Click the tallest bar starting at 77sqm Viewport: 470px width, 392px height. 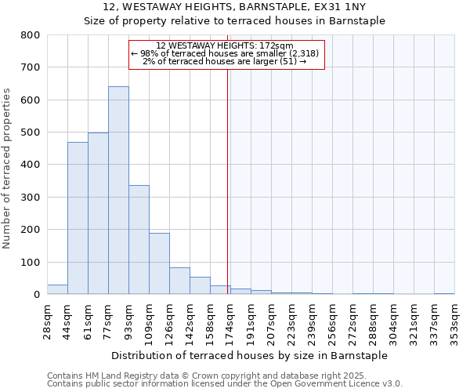point(118,191)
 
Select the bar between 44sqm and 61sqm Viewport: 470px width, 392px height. point(78,218)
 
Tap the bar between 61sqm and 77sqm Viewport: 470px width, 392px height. point(98,213)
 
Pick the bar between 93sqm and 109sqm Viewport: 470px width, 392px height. point(139,240)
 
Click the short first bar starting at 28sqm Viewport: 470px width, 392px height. point(57,289)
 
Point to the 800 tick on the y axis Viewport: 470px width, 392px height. point(31,35)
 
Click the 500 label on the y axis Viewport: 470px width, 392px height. point(31,132)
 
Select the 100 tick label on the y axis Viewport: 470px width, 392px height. point(31,262)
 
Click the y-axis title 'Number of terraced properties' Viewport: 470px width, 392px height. point(7,168)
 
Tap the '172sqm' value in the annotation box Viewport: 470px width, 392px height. point(277,45)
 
